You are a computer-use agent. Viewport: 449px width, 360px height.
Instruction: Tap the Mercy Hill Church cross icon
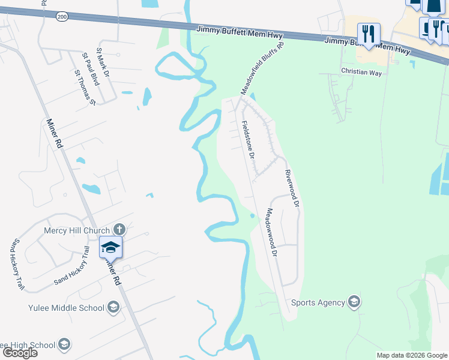(x=119, y=229)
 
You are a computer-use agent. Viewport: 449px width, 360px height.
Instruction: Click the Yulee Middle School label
(x=66, y=308)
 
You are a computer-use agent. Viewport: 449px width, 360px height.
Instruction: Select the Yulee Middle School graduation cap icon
(x=112, y=308)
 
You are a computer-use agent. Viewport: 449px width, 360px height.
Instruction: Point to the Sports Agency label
(x=319, y=302)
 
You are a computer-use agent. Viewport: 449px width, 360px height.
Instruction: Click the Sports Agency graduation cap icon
(x=354, y=302)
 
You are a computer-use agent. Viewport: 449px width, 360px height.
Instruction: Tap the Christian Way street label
(x=361, y=71)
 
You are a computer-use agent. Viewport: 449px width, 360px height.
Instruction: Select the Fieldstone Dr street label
(x=249, y=139)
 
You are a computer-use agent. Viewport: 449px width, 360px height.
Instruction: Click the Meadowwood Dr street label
(x=271, y=233)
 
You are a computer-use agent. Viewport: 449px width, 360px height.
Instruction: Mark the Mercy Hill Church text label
(x=77, y=230)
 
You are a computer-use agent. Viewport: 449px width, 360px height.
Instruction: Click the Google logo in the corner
(x=19, y=353)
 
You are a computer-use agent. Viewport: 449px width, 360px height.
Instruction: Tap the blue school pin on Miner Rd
(x=111, y=247)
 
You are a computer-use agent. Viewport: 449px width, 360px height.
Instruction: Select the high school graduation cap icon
(x=64, y=345)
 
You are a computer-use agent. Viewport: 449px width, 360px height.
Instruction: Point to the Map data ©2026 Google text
(x=412, y=355)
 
